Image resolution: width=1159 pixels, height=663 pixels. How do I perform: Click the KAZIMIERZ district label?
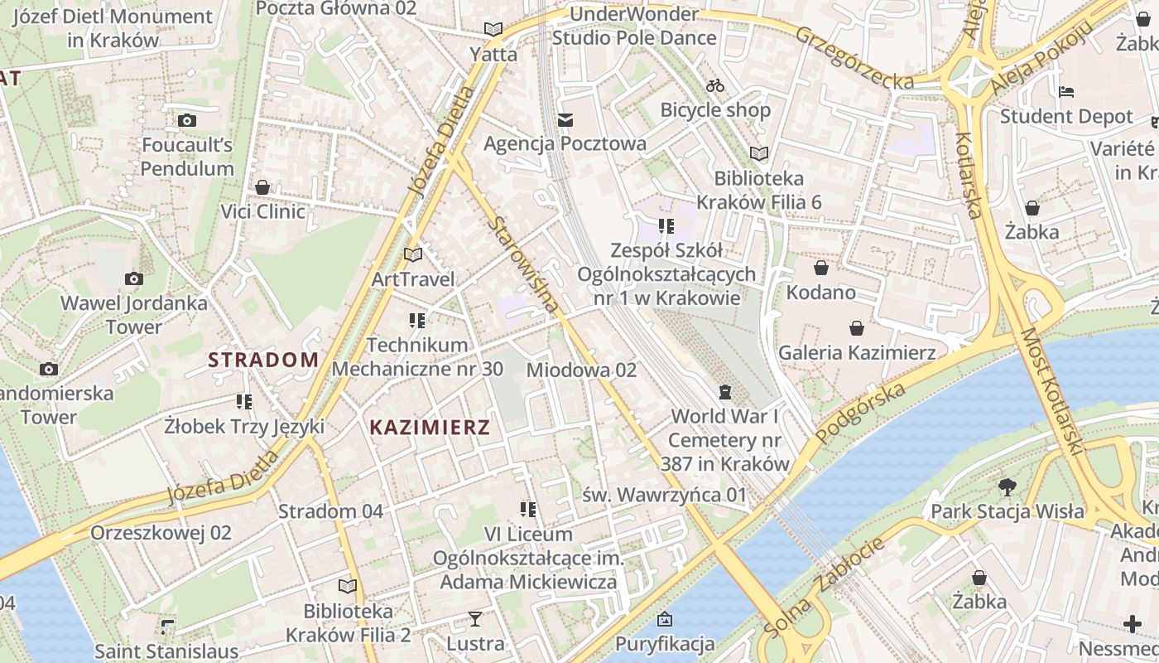(x=430, y=428)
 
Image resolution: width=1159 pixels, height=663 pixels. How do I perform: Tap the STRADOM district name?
(x=263, y=360)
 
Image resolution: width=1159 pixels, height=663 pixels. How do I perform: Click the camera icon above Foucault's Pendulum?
(x=187, y=121)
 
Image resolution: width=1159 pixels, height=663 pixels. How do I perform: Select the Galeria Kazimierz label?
(x=857, y=353)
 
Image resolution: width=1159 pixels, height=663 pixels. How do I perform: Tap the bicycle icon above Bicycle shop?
(x=715, y=85)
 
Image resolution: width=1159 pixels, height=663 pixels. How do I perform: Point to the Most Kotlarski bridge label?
(x=1051, y=392)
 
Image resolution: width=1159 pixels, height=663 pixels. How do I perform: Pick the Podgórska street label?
(x=860, y=413)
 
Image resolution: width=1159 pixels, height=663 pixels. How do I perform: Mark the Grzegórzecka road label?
(x=855, y=57)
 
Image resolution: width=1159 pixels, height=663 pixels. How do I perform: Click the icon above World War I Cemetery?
(x=726, y=391)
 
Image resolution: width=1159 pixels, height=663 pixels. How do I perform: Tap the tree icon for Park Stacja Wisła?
(x=1007, y=486)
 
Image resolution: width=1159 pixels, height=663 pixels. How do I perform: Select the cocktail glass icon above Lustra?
(x=475, y=618)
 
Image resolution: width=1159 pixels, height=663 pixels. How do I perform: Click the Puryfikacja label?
(x=665, y=644)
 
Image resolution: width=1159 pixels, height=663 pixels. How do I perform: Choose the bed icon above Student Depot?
(x=1066, y=91)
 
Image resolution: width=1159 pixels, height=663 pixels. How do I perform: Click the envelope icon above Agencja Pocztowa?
(x=565, y=120)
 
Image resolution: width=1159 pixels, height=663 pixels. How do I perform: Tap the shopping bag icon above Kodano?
(x=821, y=268)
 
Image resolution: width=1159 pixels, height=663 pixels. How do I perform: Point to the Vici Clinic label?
(x=262, y=211)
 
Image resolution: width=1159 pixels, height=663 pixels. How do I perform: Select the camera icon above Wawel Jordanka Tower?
(x=133, y=279)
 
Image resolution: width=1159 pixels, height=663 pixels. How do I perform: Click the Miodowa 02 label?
(x=581, y=370)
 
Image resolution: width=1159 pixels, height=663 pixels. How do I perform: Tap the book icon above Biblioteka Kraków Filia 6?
(x=758, y=153)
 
